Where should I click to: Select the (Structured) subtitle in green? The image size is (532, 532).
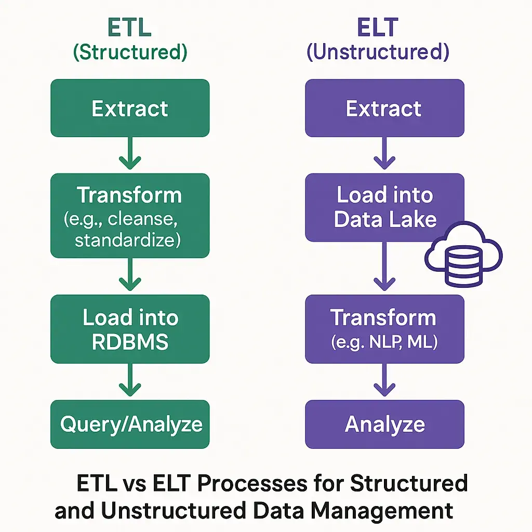130,53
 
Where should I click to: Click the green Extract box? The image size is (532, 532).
130,108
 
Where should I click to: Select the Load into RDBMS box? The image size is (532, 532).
130,329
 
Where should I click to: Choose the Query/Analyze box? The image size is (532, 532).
130,424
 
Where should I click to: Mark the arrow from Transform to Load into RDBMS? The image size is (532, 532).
130,275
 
